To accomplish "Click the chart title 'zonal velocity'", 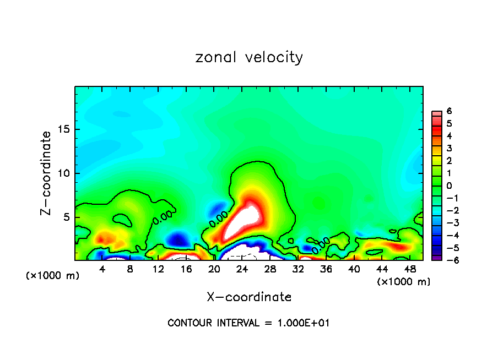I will click(x=249, y=57).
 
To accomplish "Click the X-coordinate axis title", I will click(x=249, y=297).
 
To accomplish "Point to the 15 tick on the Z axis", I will click(x=63, y=129).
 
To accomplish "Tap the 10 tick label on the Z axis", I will click(x=63, y=173).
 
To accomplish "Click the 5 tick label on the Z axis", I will click(x=66, y=217).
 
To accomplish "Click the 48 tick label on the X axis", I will click(x=409, y=269).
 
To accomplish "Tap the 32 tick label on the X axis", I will click(x=298, y=269).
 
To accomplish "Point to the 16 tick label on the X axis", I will click(x=186, y=269).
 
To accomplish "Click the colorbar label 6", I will click(x=449, y=111).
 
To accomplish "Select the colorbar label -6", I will click(x=448, y=260).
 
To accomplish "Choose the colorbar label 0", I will click(x=449, y=186).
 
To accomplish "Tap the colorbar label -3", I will click(x=448, y=222).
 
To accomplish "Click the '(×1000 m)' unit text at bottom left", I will click(x=53, y=276).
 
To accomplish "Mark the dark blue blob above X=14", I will click(x=178, y=239).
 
